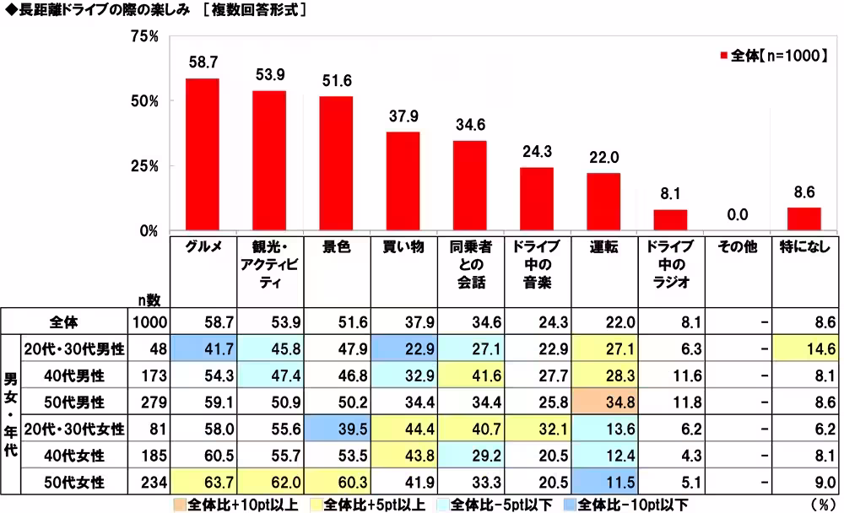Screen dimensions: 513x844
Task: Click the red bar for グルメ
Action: pos(203,154)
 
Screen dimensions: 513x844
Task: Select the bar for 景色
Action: pos(336,163)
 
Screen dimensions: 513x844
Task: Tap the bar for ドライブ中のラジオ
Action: pos(670,219)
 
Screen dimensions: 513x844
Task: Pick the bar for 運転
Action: pos(603,201)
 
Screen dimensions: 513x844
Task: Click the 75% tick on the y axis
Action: pos(144,36)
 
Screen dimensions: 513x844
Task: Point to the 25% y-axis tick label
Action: pos(144,165)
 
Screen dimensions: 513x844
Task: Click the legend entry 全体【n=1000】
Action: pos(770,56)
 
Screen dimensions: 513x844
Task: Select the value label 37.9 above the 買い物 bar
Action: pos(403,116)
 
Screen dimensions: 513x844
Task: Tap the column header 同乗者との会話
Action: pos(469,263)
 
